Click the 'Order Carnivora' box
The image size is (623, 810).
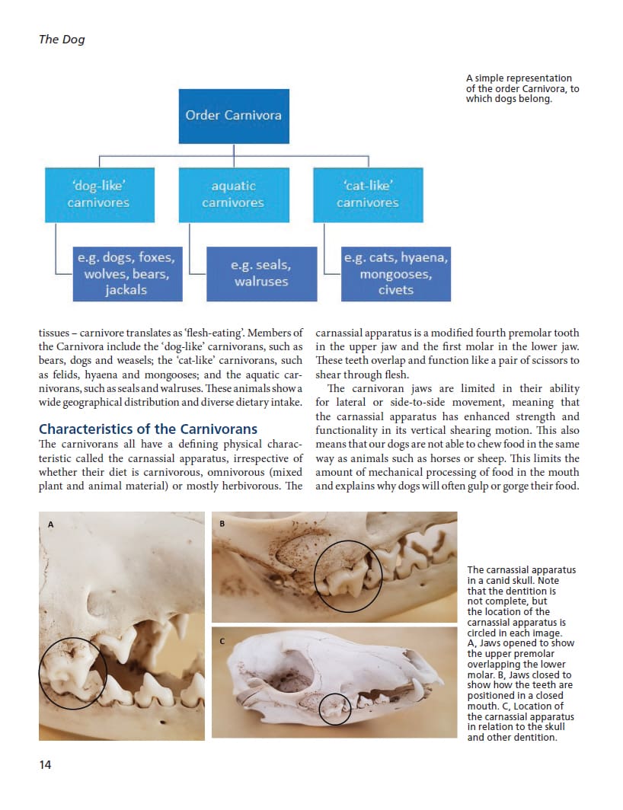(x=234, y=116)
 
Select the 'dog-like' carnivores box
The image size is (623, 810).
(x=98, y=194)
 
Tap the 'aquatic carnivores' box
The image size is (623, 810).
(x=233, y=194)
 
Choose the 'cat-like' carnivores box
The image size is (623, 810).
(x=368, y=194)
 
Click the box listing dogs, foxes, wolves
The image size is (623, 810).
(x=126, y=273)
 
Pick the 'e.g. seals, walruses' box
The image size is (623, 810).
(x=261, y=273)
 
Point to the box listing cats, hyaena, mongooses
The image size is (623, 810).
(x=396, y=273)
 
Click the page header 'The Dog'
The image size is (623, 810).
(x=62, y=40)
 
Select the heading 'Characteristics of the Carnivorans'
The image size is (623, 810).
(x=148, y=429)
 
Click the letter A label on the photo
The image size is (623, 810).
(x=51, y=525)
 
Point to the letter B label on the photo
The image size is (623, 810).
(x=222, y=523)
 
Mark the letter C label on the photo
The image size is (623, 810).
(x=222, y=640)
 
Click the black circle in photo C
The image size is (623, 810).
(x=334, y=709)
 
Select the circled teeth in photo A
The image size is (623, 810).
(x=72, y=673)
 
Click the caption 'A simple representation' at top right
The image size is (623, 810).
(x=519, y=78)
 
